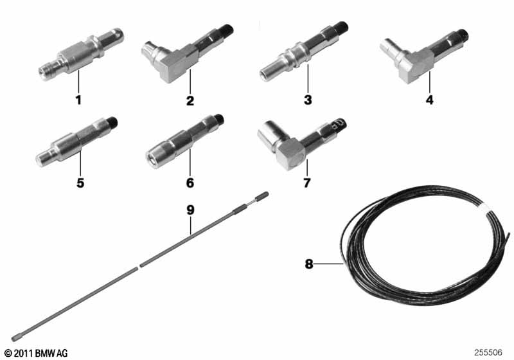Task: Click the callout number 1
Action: [78, 100]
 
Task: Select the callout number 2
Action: [190, 100]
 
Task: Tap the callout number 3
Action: [308, 100]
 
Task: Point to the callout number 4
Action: [429, 100]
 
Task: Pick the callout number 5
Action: [80, 183]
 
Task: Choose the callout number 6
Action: [190, 183]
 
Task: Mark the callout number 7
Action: [307, 183]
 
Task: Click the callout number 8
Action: [309, 264]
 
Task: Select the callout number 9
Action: [190, 210]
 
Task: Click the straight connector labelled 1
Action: [81, 54]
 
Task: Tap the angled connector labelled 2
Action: [187, 53]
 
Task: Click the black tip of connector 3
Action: [342, 26]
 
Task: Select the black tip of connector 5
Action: [112, 122]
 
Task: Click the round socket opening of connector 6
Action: [153, 160]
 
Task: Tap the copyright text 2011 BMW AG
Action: [36, 353]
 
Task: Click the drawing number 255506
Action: [488, 352]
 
